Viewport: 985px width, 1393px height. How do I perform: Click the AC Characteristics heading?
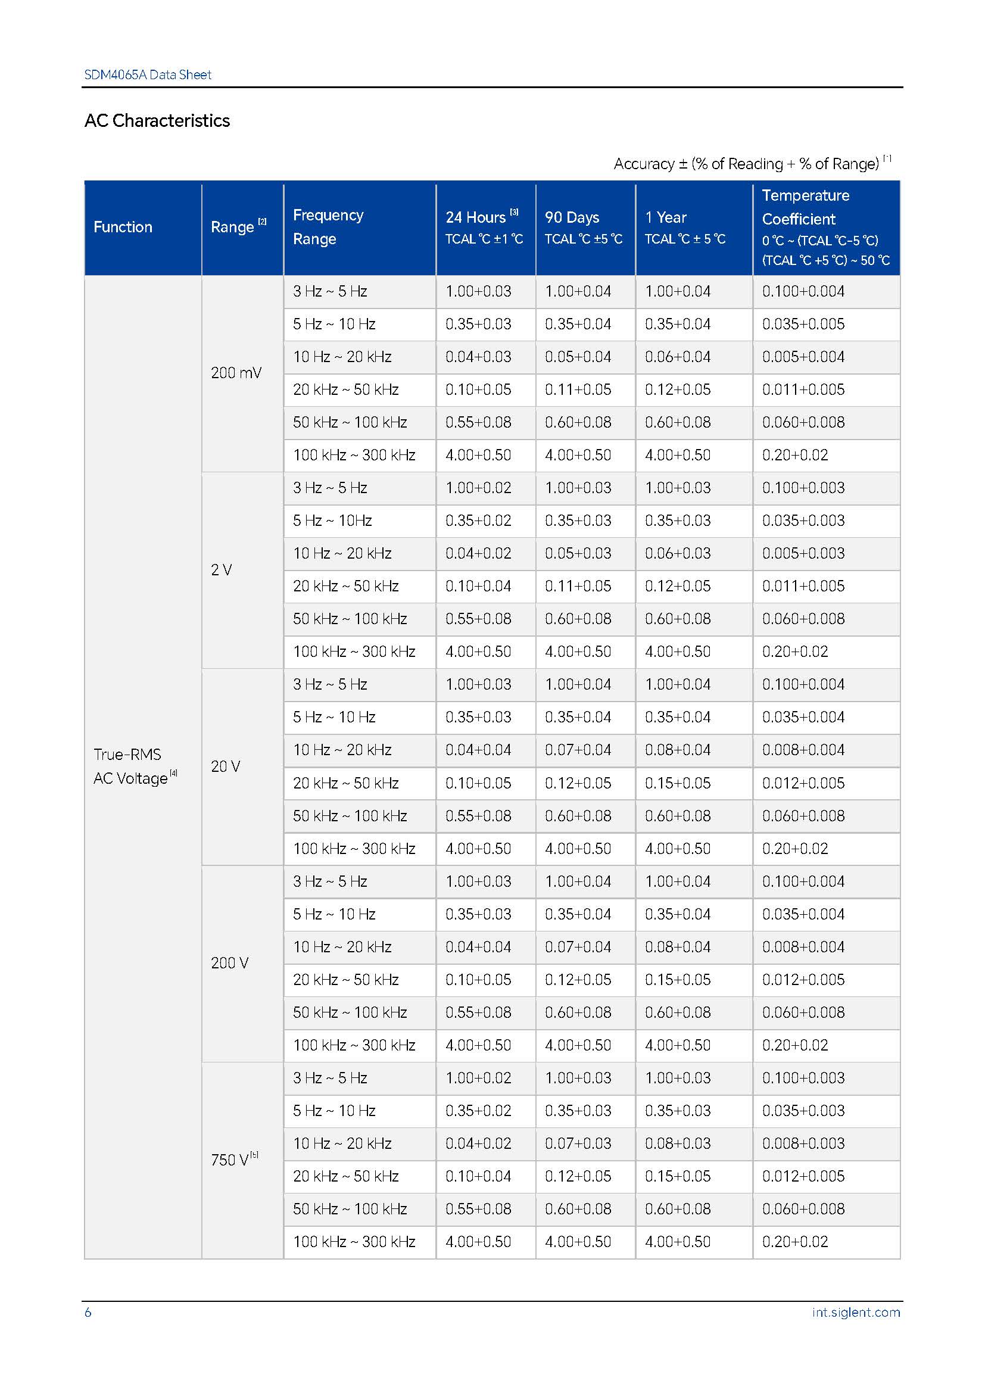coord(157,121)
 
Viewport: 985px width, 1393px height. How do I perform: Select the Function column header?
coord(123,227)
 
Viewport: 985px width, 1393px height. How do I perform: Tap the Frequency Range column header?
coord(328,227)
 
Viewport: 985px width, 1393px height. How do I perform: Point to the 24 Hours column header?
coord(483,227)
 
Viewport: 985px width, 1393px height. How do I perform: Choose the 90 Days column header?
coord(583,227)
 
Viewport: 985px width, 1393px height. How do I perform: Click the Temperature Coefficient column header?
coord(825,227)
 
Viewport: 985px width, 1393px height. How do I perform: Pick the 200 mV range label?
coord(236,373)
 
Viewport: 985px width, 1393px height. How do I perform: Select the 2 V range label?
coord(222,570)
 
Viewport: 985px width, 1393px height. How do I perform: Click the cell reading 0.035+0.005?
coord(803,324)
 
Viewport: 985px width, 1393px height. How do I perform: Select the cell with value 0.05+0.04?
coord(578,357)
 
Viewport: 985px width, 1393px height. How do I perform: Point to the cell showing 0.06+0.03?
coord(678,553)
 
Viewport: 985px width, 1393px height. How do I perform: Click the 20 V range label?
coord(226,766)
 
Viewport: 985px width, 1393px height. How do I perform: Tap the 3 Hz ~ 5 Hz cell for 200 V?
coord(330,881)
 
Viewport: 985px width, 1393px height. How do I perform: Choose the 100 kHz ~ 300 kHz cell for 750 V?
coord(354,1242)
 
